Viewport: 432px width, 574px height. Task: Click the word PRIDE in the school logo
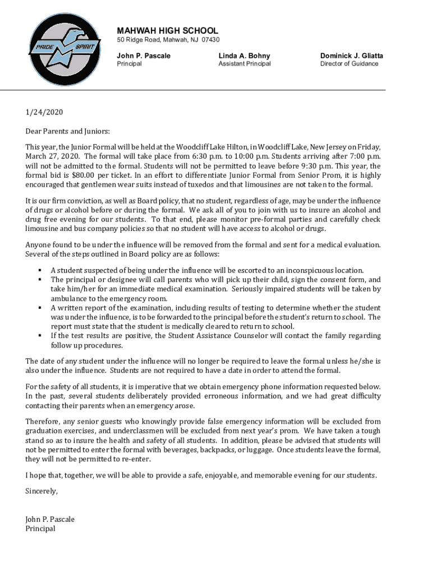(42, 47)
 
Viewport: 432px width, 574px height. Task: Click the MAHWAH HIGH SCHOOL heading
(167, 31)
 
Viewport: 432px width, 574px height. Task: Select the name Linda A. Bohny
(244, 55)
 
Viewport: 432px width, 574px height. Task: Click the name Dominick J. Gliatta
(352, 55)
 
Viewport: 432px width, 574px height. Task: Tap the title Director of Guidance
(349, 64)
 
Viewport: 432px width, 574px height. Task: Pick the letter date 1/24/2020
(44, 112)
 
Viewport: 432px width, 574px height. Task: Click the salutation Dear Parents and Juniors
(68, 131)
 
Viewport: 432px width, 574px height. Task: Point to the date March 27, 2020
(53, 156)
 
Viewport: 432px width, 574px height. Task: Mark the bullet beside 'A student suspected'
(40, 270)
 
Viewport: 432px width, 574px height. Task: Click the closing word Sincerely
(42, 491)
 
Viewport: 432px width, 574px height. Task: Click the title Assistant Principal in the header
(244, 64)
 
